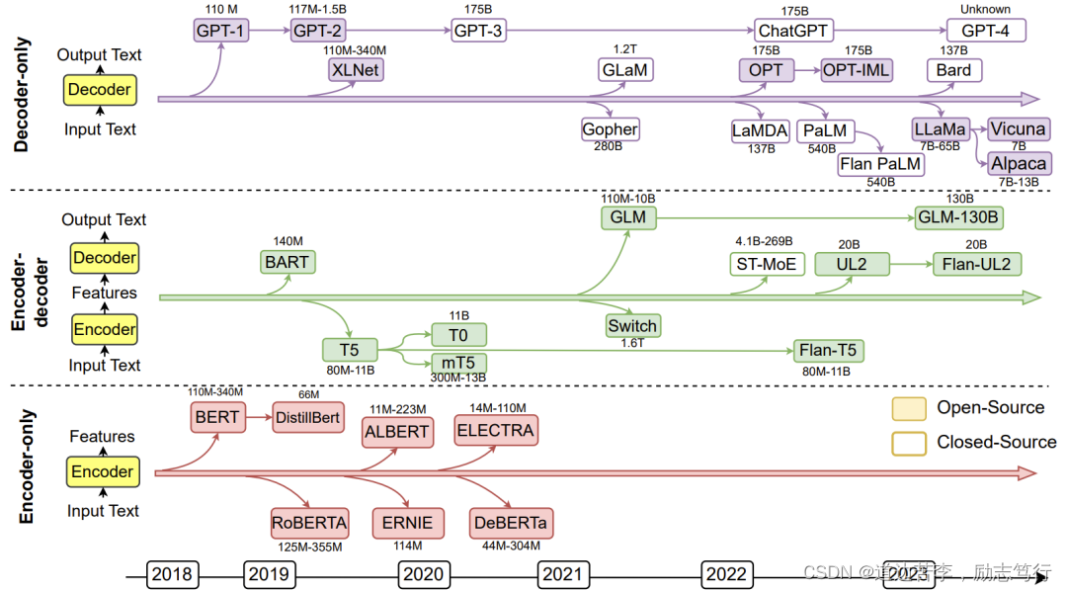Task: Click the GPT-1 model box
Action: (x=219, y=31)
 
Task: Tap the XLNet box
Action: (x=356, y=70)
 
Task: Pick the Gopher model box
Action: (x=610, y=129)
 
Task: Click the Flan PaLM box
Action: (x=879, y=163)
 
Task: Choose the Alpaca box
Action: (x=1020, y=163)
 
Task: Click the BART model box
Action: (x=287, y=262)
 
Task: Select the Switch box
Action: (x=632, y=325)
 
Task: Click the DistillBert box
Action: (x=307, y=417)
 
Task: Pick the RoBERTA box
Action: (x=309, y=523)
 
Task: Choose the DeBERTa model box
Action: (x=512, y=523)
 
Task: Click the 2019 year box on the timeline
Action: (x=269, y=574)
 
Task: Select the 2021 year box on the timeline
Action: (x=563, y=574)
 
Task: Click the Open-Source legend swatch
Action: (x=908, y=408)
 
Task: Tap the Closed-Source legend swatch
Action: (x=908, y=442)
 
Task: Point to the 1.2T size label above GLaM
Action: (x=625, y=48)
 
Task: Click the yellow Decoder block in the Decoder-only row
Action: (x=99, y=90)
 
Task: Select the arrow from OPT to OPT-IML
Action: (x=807, y=70)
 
